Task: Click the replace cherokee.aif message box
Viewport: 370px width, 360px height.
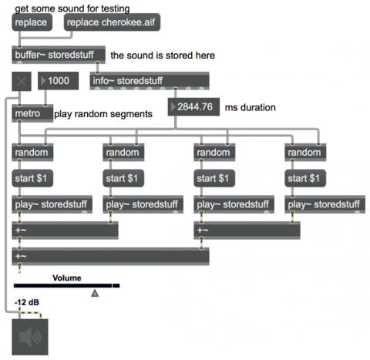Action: click(112, 22)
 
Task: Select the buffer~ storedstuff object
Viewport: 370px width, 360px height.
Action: click(59, 55)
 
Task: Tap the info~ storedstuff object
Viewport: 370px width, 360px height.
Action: click(150, 81)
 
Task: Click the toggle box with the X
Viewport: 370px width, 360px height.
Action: click(22, 82)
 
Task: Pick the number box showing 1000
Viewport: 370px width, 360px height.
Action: click(59, 81)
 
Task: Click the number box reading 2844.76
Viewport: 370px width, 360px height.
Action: click(193, 106)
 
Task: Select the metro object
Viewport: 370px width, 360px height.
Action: click(32, 113)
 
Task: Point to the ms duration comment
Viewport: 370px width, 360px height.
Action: click(251, 107)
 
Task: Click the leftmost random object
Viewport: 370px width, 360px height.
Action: click(32, 153)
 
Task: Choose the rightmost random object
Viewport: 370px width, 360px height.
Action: click(305, 153)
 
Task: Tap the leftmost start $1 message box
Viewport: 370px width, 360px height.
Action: click(32, 178)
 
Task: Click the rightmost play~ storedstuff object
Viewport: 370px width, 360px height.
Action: click(325, 204)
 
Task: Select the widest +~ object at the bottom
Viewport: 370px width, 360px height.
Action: click(111, 257)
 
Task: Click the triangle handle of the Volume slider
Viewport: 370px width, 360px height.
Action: click(95, 293)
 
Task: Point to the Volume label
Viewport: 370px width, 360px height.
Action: click(67, 278)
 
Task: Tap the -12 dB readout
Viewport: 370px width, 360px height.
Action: click(27, 302)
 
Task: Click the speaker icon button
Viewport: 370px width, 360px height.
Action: click(30, 337)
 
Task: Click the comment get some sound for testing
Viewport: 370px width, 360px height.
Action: click(72, 8)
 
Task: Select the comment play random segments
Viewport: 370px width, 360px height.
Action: click(103, 114)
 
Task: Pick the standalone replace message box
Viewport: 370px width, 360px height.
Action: click(32, 22)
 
